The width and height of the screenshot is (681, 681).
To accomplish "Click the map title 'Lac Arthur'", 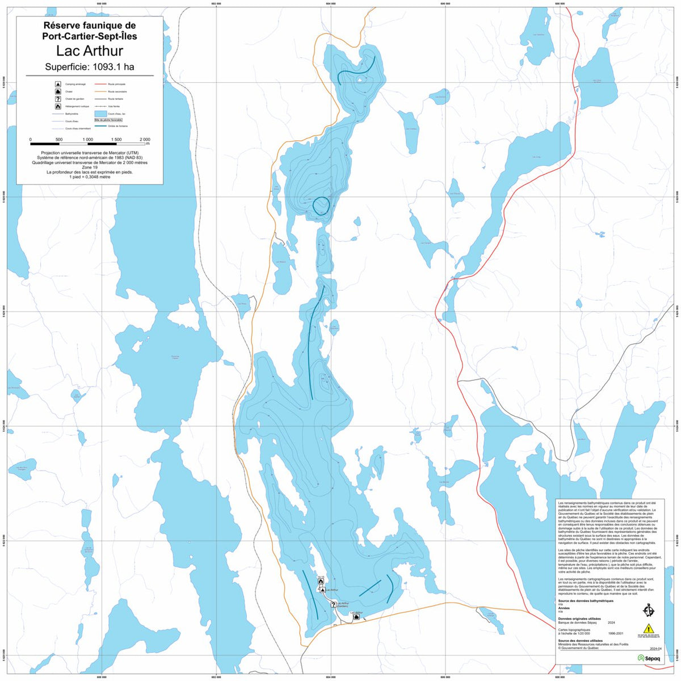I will tap(90, 51).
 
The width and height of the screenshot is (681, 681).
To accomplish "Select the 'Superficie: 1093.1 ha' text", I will tap(90, 67).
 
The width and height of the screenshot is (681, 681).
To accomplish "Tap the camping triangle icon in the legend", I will tap(58, 84).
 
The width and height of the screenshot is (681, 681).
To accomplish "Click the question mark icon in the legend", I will tap(58, 99).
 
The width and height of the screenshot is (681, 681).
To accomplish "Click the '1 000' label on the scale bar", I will tap(88, 140).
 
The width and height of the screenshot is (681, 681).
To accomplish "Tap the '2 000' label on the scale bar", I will tap(144, 140).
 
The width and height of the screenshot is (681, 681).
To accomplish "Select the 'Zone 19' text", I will tap(90, 167).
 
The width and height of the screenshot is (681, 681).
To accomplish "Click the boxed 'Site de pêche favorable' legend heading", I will tap(108, 120).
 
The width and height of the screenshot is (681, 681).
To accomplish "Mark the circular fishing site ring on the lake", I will tap(321, 206).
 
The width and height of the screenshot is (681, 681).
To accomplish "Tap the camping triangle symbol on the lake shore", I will tap(322, 590).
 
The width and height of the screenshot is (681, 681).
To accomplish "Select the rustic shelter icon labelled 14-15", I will tap(321, 582).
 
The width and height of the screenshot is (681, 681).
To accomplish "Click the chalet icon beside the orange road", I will tap(356, 617).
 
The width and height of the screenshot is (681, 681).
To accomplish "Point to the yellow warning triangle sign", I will tap(648, 628).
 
